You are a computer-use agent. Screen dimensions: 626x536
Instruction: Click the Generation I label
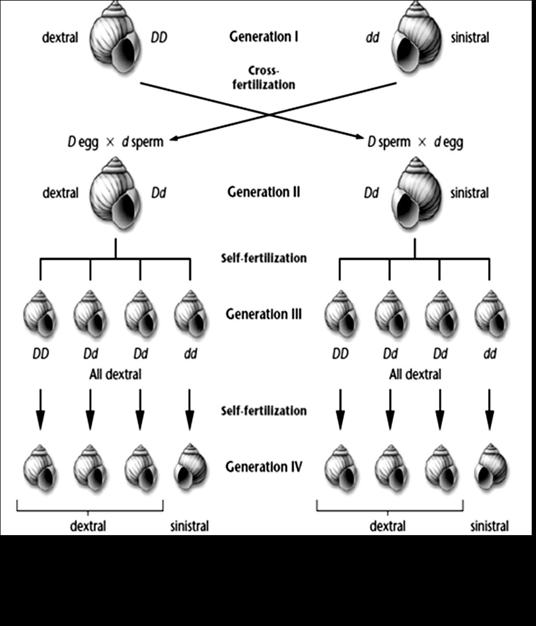(264, 37)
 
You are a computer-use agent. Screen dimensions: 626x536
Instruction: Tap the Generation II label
(264, 192)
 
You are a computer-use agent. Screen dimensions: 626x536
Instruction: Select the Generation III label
(264, 314)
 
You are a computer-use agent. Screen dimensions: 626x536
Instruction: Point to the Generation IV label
(264, 466)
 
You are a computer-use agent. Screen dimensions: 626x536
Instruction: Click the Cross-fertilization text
(264, 77)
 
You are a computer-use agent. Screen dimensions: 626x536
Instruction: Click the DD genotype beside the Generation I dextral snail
(159, 37)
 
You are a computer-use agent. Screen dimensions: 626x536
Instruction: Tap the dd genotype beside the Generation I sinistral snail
(372, 37)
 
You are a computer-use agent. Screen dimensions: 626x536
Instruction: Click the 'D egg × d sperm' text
(115, 142)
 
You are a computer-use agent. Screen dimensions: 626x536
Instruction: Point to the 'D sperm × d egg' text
(415, 142)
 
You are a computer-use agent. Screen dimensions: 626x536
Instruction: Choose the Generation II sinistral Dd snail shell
(416, 193)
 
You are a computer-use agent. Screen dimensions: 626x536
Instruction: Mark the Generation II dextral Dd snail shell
(115, 193)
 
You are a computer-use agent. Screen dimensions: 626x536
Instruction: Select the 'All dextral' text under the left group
(115, 374)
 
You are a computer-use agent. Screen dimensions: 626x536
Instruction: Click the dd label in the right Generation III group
(490, 353)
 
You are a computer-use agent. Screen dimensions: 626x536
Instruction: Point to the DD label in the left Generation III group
(40, 353)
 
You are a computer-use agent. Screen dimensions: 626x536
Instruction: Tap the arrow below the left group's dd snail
(190, 409)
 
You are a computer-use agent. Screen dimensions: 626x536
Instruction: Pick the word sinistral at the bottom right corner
(489, 526)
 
